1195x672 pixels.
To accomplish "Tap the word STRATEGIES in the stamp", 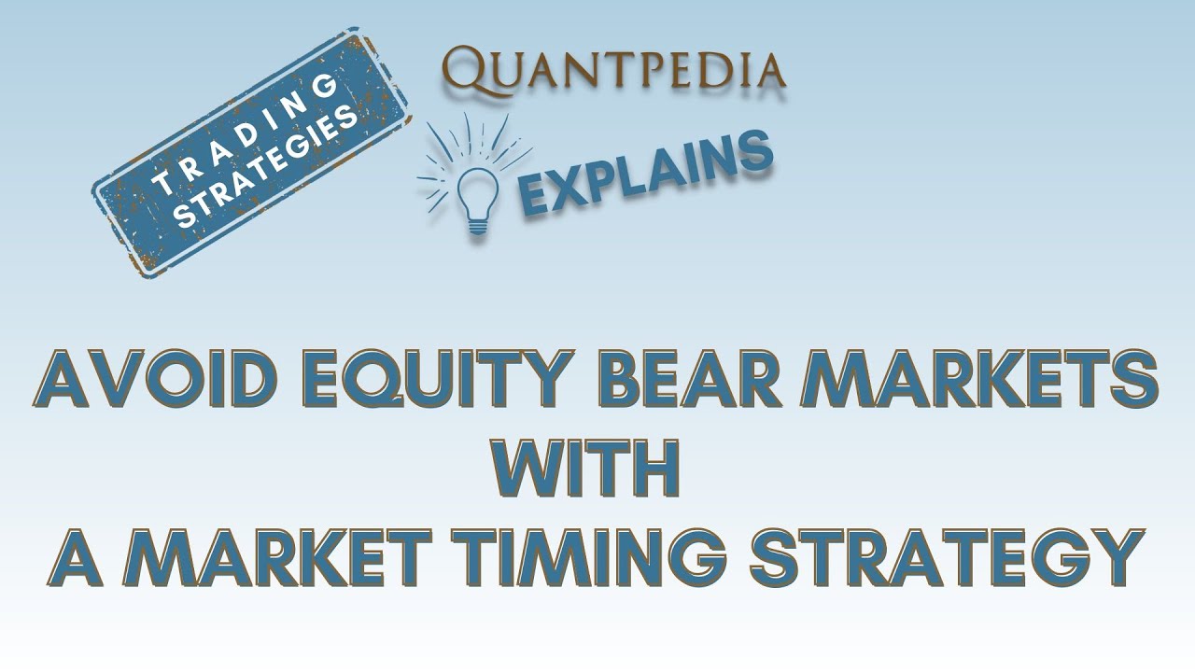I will click(x=267, y=167).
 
